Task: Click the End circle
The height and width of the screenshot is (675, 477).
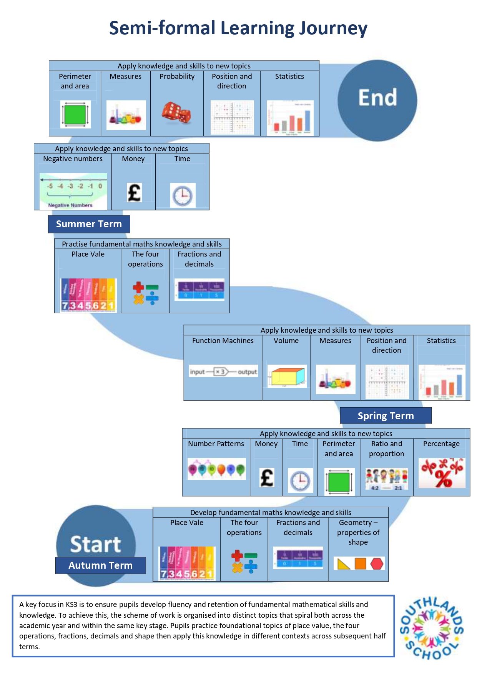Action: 377,100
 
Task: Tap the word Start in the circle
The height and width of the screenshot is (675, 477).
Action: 95,544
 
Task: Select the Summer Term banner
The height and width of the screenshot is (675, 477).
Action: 89,224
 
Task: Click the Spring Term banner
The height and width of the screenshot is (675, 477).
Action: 386,416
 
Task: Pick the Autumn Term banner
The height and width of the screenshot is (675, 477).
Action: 100,565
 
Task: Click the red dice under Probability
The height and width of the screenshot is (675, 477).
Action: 176,113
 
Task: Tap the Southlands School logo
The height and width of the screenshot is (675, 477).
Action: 432,628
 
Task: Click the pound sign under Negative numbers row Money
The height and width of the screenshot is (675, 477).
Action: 134,193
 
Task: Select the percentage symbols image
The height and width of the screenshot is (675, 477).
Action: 442,473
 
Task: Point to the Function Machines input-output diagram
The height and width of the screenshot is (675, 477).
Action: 223,372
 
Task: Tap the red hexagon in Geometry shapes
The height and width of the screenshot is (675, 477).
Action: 377,564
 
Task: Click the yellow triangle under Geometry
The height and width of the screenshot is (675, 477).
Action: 343,564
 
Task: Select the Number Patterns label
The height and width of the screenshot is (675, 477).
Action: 216,444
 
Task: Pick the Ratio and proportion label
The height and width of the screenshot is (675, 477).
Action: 386,448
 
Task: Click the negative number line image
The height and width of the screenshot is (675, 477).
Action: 73,191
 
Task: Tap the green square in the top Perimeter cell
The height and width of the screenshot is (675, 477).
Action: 75,115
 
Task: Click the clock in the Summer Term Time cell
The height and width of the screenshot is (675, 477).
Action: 183,196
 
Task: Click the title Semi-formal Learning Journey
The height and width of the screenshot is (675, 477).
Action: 238,28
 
